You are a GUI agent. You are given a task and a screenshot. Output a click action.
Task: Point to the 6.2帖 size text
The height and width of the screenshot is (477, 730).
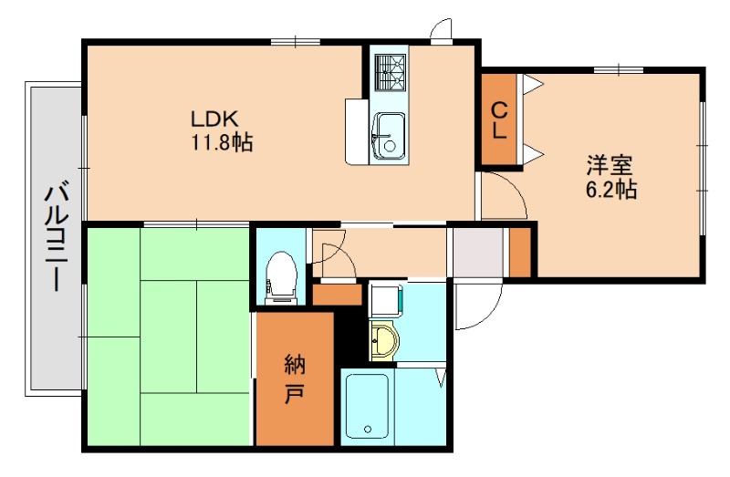[x=610, y=190]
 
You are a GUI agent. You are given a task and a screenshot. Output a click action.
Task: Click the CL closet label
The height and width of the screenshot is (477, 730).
[x=499, y=120]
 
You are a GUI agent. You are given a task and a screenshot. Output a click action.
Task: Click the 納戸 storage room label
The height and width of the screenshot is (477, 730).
[x=294, y=381]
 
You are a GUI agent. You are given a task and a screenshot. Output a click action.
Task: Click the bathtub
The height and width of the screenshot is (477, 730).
[x=368, y=406]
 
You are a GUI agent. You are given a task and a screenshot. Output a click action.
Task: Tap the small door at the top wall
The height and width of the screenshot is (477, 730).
[x=442, y=31]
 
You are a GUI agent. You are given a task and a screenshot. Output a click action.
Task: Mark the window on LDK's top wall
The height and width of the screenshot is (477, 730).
[x=295, y=40]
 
